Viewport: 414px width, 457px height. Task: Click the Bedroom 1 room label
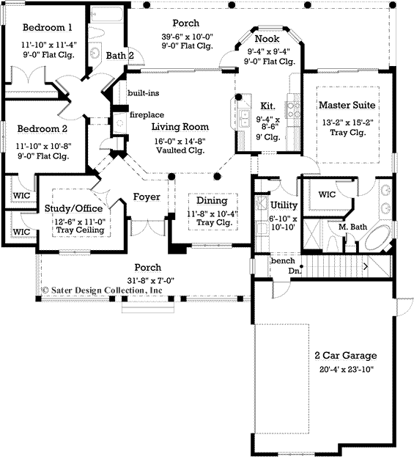pyautogui.click(x=47, y=28)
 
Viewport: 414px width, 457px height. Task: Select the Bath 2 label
pyautogui.click(x=119, y=55)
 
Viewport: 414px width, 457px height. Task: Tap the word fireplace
pyautogui.click(x=147, y=114)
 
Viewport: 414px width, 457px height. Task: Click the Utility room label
pyautogui.click(x=284, y=205)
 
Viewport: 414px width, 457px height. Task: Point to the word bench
pyautogui.click(x=282, y=260)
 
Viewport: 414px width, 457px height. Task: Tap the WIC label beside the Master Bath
pyautogui.click(x=326, y=195)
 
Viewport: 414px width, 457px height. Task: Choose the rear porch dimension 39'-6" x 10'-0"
pyautogui.click(x=187, y=37)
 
